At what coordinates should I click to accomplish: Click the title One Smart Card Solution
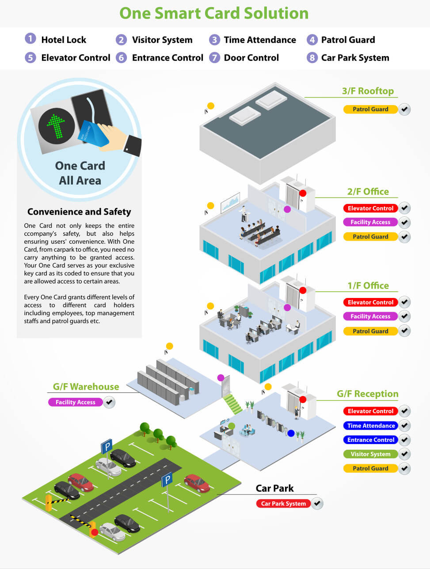214,13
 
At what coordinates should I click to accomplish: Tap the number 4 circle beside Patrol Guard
312,40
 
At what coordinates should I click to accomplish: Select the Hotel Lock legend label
64,40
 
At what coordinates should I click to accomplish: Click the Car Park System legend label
355,58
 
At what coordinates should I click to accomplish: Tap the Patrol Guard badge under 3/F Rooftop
370,109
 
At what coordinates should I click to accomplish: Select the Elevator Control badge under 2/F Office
370,208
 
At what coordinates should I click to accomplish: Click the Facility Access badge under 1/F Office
370,317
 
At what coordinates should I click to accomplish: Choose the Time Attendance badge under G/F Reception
371,426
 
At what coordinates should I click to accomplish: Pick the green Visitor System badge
370,454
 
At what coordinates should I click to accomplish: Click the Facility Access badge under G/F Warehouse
75,402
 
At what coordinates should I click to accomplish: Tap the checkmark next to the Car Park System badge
317,503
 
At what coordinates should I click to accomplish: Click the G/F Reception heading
367,394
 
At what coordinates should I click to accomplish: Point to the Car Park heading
274,488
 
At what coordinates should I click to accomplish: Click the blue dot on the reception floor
291,433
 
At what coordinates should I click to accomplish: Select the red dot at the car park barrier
94,532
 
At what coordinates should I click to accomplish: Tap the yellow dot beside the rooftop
211,106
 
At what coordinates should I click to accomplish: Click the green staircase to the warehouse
232,404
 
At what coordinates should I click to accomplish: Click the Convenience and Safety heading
79,212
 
